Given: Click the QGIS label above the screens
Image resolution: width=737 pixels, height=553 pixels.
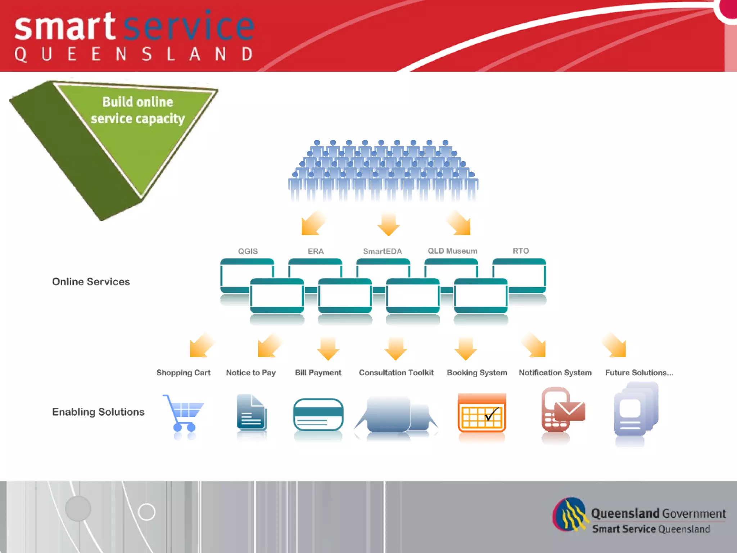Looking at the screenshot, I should [x=248, y=251].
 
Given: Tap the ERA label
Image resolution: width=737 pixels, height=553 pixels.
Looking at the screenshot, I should [x=316, y=251].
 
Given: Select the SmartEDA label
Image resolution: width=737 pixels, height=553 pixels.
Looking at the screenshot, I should [x=382, y=251].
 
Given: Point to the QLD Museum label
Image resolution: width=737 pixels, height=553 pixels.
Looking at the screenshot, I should [x=452, y=251].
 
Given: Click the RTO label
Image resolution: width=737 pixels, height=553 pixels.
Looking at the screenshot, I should [x=520, y=251].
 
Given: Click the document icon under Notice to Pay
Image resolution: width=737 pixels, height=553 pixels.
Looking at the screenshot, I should [x=252, y=412].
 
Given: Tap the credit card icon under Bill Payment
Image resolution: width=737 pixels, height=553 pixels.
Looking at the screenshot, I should [x=318, y=414].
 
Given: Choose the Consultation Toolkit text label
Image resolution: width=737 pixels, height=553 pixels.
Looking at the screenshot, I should [x=396, y=373].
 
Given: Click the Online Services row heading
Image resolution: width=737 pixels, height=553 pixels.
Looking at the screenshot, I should [x=91, y=282].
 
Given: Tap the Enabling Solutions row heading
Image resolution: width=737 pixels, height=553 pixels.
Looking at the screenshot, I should [x=98, y=412].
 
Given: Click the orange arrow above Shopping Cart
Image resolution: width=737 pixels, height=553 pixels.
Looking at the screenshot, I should [x=201, y=346].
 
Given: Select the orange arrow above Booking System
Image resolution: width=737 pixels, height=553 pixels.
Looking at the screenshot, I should [x=466, y=348].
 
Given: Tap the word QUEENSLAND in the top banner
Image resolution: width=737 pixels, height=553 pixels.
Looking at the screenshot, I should [x=134, y=54].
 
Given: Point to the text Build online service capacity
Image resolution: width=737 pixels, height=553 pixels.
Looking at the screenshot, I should [x=137, y=110].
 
